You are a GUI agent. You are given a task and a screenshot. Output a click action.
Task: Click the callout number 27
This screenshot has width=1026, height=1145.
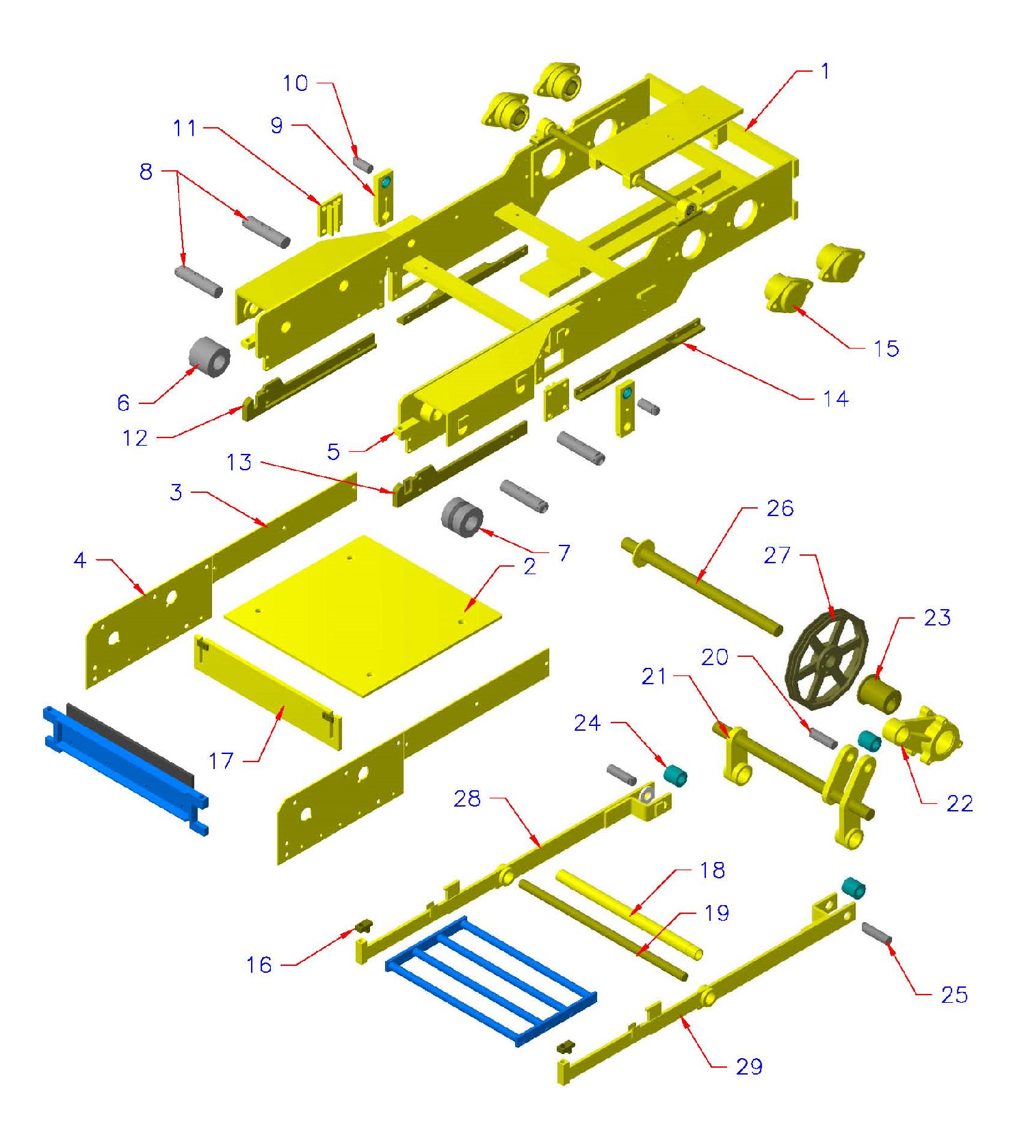point(777,555)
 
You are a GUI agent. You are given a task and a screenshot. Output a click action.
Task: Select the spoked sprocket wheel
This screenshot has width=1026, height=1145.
point(828,656)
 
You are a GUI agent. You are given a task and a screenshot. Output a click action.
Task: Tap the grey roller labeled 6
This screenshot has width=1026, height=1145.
point(209,355)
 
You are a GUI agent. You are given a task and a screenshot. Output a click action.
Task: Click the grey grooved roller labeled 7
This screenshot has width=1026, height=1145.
point(462,517)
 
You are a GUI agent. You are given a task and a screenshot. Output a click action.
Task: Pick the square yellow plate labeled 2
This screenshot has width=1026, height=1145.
point(363,615)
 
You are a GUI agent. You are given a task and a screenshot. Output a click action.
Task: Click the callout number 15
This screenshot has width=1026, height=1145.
point(886,349)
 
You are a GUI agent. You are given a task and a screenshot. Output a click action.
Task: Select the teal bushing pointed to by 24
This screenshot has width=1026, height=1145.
point(676,775)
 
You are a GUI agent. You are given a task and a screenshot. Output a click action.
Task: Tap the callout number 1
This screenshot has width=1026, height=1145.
point(825,71)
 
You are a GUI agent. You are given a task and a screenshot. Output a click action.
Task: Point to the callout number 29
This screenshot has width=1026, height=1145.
point(749,1066)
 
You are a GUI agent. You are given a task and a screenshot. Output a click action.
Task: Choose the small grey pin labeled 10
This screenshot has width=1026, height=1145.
point(363,164)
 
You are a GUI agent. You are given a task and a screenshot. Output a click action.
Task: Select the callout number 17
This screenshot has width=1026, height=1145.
point(221,760)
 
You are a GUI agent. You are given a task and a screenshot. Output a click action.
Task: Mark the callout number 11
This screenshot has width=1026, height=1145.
point(185,128)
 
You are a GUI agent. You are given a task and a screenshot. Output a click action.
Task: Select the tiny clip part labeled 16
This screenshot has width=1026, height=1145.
point(363,926)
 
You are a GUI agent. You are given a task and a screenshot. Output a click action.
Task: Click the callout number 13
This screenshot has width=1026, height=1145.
point(239,463)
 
